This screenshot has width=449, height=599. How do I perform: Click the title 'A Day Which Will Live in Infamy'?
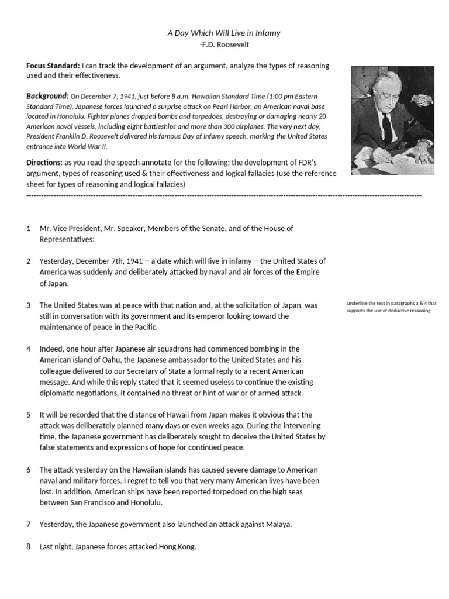(224, 33)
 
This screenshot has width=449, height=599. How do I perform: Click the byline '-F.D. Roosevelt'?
(224, 44)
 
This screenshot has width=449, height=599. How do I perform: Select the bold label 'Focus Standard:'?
(53, 66)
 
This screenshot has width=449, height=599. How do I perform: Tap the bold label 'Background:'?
(47, 96)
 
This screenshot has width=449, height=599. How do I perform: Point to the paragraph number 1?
(28, 228)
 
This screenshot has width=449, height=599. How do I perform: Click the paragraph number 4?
(28, 349)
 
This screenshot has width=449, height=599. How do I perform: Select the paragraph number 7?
(28, 524)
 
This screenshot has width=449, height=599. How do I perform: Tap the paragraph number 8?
(28, 547)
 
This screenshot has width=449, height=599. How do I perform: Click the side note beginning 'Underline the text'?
(391, 307)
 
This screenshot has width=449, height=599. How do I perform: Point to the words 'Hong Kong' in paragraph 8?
(177, 547)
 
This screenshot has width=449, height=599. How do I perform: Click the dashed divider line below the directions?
(224, 194)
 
